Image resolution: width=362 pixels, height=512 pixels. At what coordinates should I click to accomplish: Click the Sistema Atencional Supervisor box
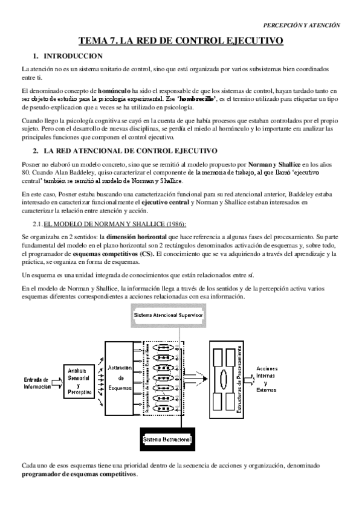point(169,316)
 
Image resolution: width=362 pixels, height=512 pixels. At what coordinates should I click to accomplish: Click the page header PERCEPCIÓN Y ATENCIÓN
point(302,25)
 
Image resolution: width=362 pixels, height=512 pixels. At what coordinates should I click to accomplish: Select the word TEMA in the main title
point(94,41)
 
